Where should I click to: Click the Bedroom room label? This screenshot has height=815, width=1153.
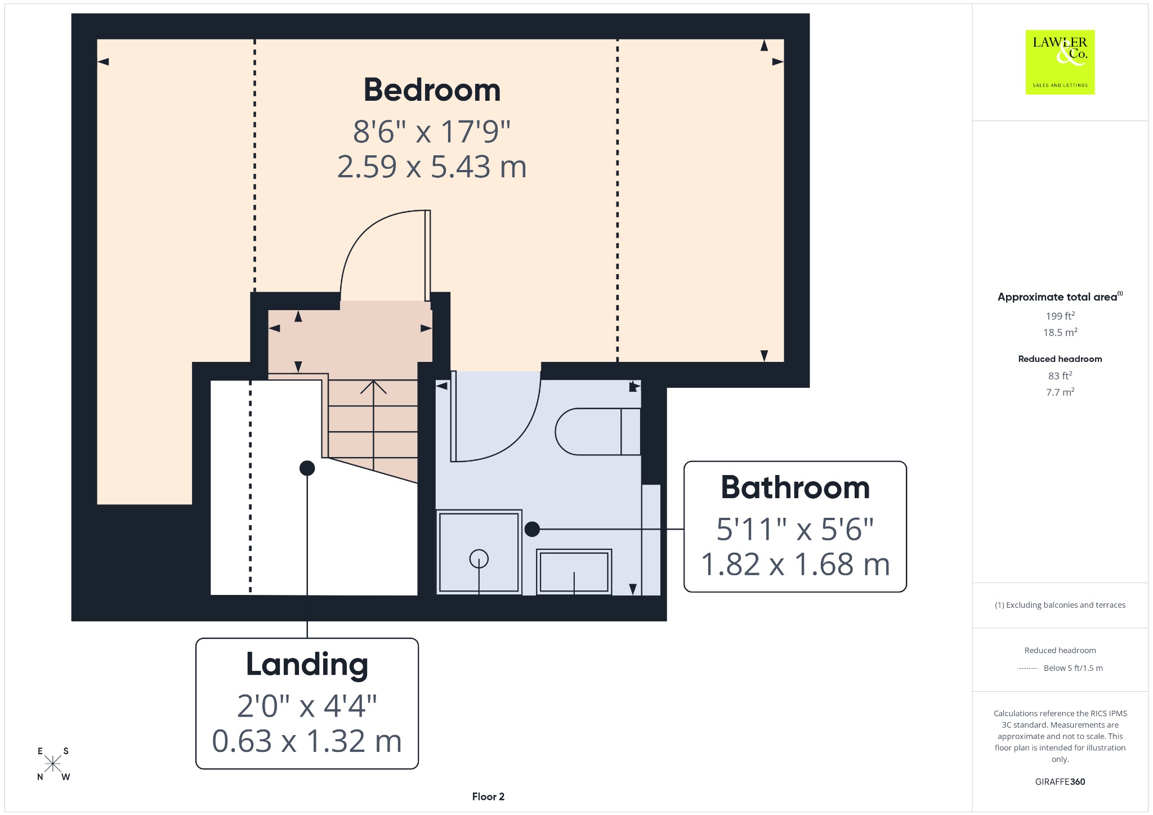tap(432, 90)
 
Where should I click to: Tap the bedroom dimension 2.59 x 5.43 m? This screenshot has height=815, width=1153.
tap(432, 167)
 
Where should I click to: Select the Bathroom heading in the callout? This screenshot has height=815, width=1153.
tap(795, 487)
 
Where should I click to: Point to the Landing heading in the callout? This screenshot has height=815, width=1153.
tap(307, 665)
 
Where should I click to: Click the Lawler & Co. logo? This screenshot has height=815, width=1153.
tap(1060, 62)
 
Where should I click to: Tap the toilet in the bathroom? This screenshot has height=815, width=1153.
tap(598, 432)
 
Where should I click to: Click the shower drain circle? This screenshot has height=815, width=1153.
tap(479, 559)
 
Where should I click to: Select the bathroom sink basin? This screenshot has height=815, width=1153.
tap(574, 572)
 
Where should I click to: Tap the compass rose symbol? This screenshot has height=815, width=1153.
tap(53, 764)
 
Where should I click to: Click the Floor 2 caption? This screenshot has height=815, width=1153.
tap(488, 796)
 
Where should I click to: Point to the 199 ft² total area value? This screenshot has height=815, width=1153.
tap(1060, 316)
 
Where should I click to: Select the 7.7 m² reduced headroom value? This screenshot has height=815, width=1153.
tap(1060, 392)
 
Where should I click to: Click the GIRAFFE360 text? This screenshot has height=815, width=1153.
tap(1060, 781)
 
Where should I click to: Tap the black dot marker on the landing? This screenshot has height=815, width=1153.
tap(307, 468)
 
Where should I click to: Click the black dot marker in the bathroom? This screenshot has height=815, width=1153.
tap(532, 529)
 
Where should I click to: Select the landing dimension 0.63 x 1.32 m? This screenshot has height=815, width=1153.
tap(307, 741)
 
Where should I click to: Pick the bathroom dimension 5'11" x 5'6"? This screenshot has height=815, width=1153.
tap(795, 529)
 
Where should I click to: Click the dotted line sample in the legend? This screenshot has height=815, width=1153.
tap(1027, 668)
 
